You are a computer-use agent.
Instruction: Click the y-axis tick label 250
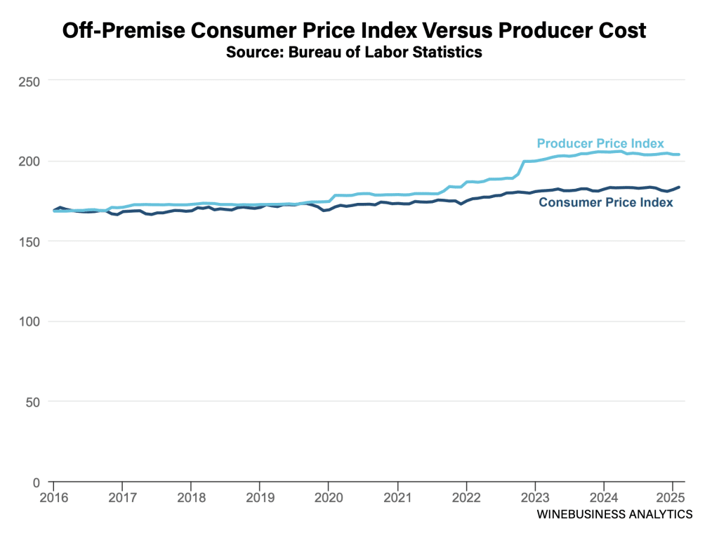click(28, 81)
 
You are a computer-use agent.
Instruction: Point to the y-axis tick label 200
click(28, 161)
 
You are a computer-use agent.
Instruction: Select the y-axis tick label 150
click(28, 242)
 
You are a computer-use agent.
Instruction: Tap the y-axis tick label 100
click(28, 322)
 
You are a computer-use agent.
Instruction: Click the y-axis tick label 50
click(32, 402)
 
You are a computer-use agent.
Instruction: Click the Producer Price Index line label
click(600, 143)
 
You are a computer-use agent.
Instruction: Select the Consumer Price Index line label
click(605, 202)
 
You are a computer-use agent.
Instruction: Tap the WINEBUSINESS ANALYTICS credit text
click(614, 515)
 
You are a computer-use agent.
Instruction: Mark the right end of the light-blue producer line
click(679, 154)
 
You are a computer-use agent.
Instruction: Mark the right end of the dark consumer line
click(679, 187)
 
